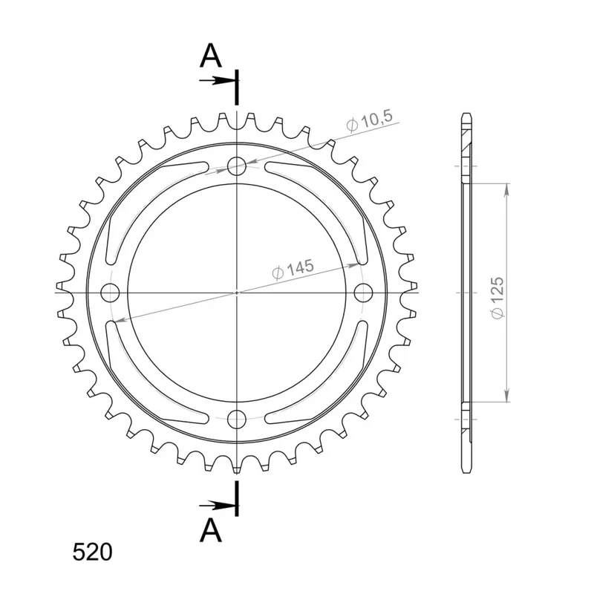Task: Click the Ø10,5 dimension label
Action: click(x=370, y=121)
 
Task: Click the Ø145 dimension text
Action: click(x=293, y=269)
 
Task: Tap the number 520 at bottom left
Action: click(x=92, y=552)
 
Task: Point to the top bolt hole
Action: click(x=237, y=166)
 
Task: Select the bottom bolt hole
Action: click(x=237, y=419)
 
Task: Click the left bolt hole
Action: click(x=110, y=293)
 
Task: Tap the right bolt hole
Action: click(x=363, y=293)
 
